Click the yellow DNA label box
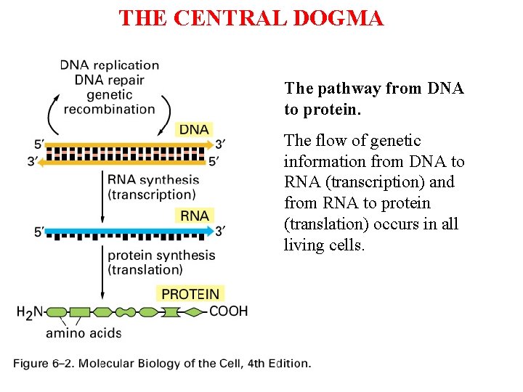[x=194, y=129]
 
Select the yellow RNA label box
[x=194, y=216]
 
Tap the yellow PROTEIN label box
[x=190, y=294]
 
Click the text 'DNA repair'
[x=109, y=80]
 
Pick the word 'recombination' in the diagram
[x=109, y=110]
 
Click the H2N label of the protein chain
[x=31, y=313]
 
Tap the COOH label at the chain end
[x=229, y=311]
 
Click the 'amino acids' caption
[x=84, y=333]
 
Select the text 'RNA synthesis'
[x=153, y=180]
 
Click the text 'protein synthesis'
[x=161, y=256]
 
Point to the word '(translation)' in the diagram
[x=145, y=270]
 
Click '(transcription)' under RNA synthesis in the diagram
[x=151, y=195]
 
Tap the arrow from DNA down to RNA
[x=102, y=196]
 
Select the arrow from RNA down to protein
[x=102, y=272]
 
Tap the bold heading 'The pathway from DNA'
[x=374, y=89]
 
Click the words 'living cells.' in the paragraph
[x=324, y=245]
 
